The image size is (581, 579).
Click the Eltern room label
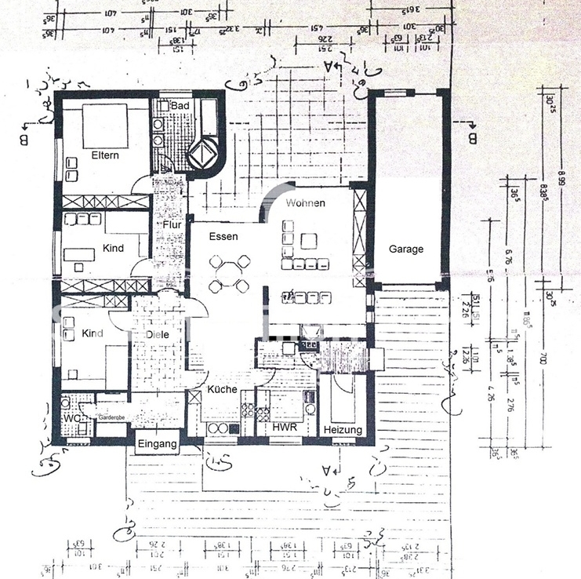point(105,155)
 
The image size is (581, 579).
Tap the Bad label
point(180,105)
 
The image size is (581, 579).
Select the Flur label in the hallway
point(172,225)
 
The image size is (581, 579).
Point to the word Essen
point(223,235)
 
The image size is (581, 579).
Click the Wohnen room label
point(305,202)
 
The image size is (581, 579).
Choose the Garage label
point(406,249)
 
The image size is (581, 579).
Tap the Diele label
point(157,334)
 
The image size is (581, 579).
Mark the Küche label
point(222,389)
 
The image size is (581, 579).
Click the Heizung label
point(343,430)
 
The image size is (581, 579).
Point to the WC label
point(71,418)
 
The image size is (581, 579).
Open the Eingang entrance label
point(158,444)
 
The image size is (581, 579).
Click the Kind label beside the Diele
point(93,333)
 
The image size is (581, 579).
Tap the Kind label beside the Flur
point(114,249)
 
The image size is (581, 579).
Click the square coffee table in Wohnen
point(310,241)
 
